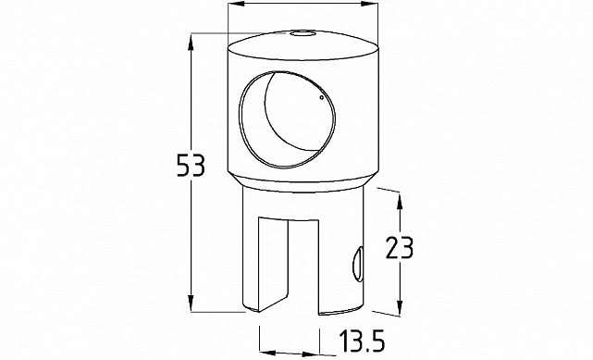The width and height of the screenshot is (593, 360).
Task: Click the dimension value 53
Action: pos(191,166)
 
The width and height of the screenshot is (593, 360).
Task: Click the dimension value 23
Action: pos(400,248)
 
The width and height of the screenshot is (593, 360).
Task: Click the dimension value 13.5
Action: pos(362,341)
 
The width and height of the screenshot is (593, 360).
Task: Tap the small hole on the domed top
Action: pos(303,34)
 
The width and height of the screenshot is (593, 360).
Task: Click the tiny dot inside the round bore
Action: pos(321,97)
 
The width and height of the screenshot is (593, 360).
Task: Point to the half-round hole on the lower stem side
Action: pos(358,265)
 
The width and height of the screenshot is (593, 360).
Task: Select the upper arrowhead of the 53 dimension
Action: pos(191,41)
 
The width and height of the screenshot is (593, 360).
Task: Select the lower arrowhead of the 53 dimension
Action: pos(191,304)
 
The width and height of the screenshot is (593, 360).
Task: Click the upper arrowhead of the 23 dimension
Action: pos(400,200)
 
